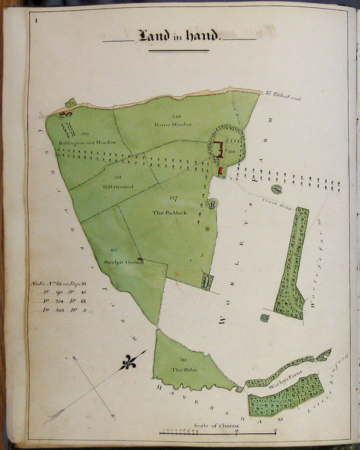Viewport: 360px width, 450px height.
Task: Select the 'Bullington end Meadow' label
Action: [87, 143]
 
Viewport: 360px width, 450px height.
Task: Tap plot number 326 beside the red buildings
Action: [232, 151]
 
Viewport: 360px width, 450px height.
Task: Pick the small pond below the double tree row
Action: [276, 189]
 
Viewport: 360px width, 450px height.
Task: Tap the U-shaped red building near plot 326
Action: [218, 148]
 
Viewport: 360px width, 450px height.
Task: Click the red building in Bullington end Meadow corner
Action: [64, 114]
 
